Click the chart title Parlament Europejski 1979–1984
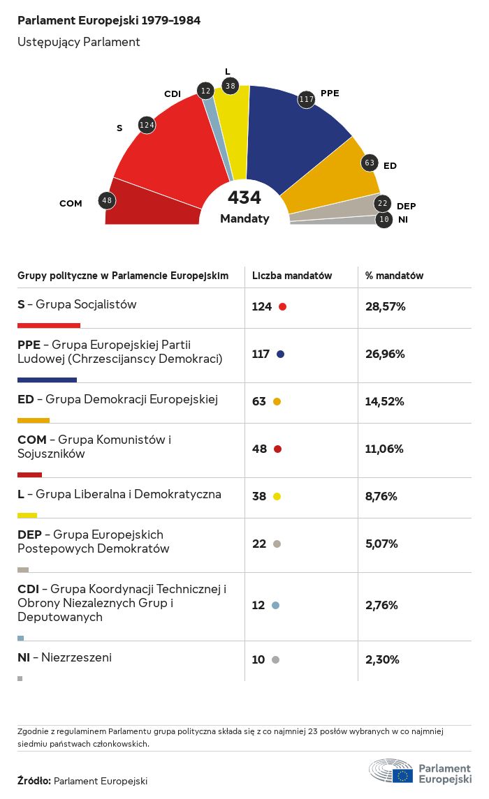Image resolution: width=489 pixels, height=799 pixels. pyautogui.click(x=109, y=21)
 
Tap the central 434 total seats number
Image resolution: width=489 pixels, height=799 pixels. pyautogui.click(x=245, y=198)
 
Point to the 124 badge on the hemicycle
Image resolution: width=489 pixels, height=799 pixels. pyautogui.click(x=147, y=125)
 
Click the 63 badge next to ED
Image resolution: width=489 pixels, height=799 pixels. pyautogui.click(x=370, y=163)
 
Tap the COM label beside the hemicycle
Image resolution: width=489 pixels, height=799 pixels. pyautogui.click(x=71, y=204)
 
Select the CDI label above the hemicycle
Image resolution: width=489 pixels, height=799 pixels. pyautogui.click(x=173, y=94)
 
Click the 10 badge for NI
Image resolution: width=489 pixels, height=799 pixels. pyautogui.click(x=384, y=220)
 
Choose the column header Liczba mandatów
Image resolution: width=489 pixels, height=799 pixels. pyautogui.click(x=292, y=276)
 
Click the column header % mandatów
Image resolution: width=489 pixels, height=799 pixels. pyautogui.click(x=395, y=276)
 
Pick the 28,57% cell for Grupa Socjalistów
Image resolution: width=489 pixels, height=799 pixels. pyautogui.click(x=385, y=306)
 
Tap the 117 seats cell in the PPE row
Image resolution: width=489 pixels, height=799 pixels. pyautogui.click(x=261, y=354)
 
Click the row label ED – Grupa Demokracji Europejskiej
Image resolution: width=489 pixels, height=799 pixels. pyautogui.click(x=118, y=400)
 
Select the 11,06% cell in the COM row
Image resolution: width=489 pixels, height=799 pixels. pyautogui.click(x=384, y=449)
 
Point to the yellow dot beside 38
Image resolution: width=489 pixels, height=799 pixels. pyautogui.click(x=277, y=496)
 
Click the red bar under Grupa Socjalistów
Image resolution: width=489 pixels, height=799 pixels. pyautogui.click(x=49, y=325)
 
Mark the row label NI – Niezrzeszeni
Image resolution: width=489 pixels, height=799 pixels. pyautogui.click(x=64, y=657)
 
